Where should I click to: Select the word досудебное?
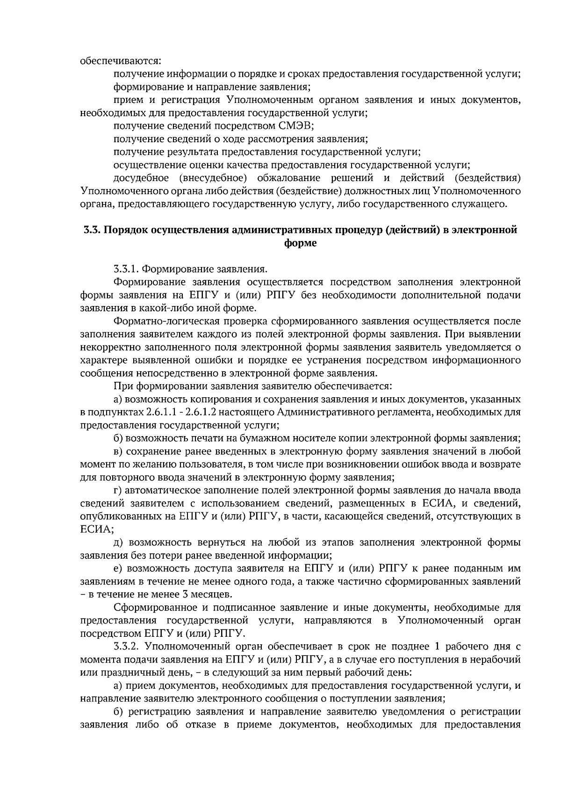tap(140, 178)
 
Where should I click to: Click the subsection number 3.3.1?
tap(126, 269)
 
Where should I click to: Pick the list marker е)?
tap(118, 568)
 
